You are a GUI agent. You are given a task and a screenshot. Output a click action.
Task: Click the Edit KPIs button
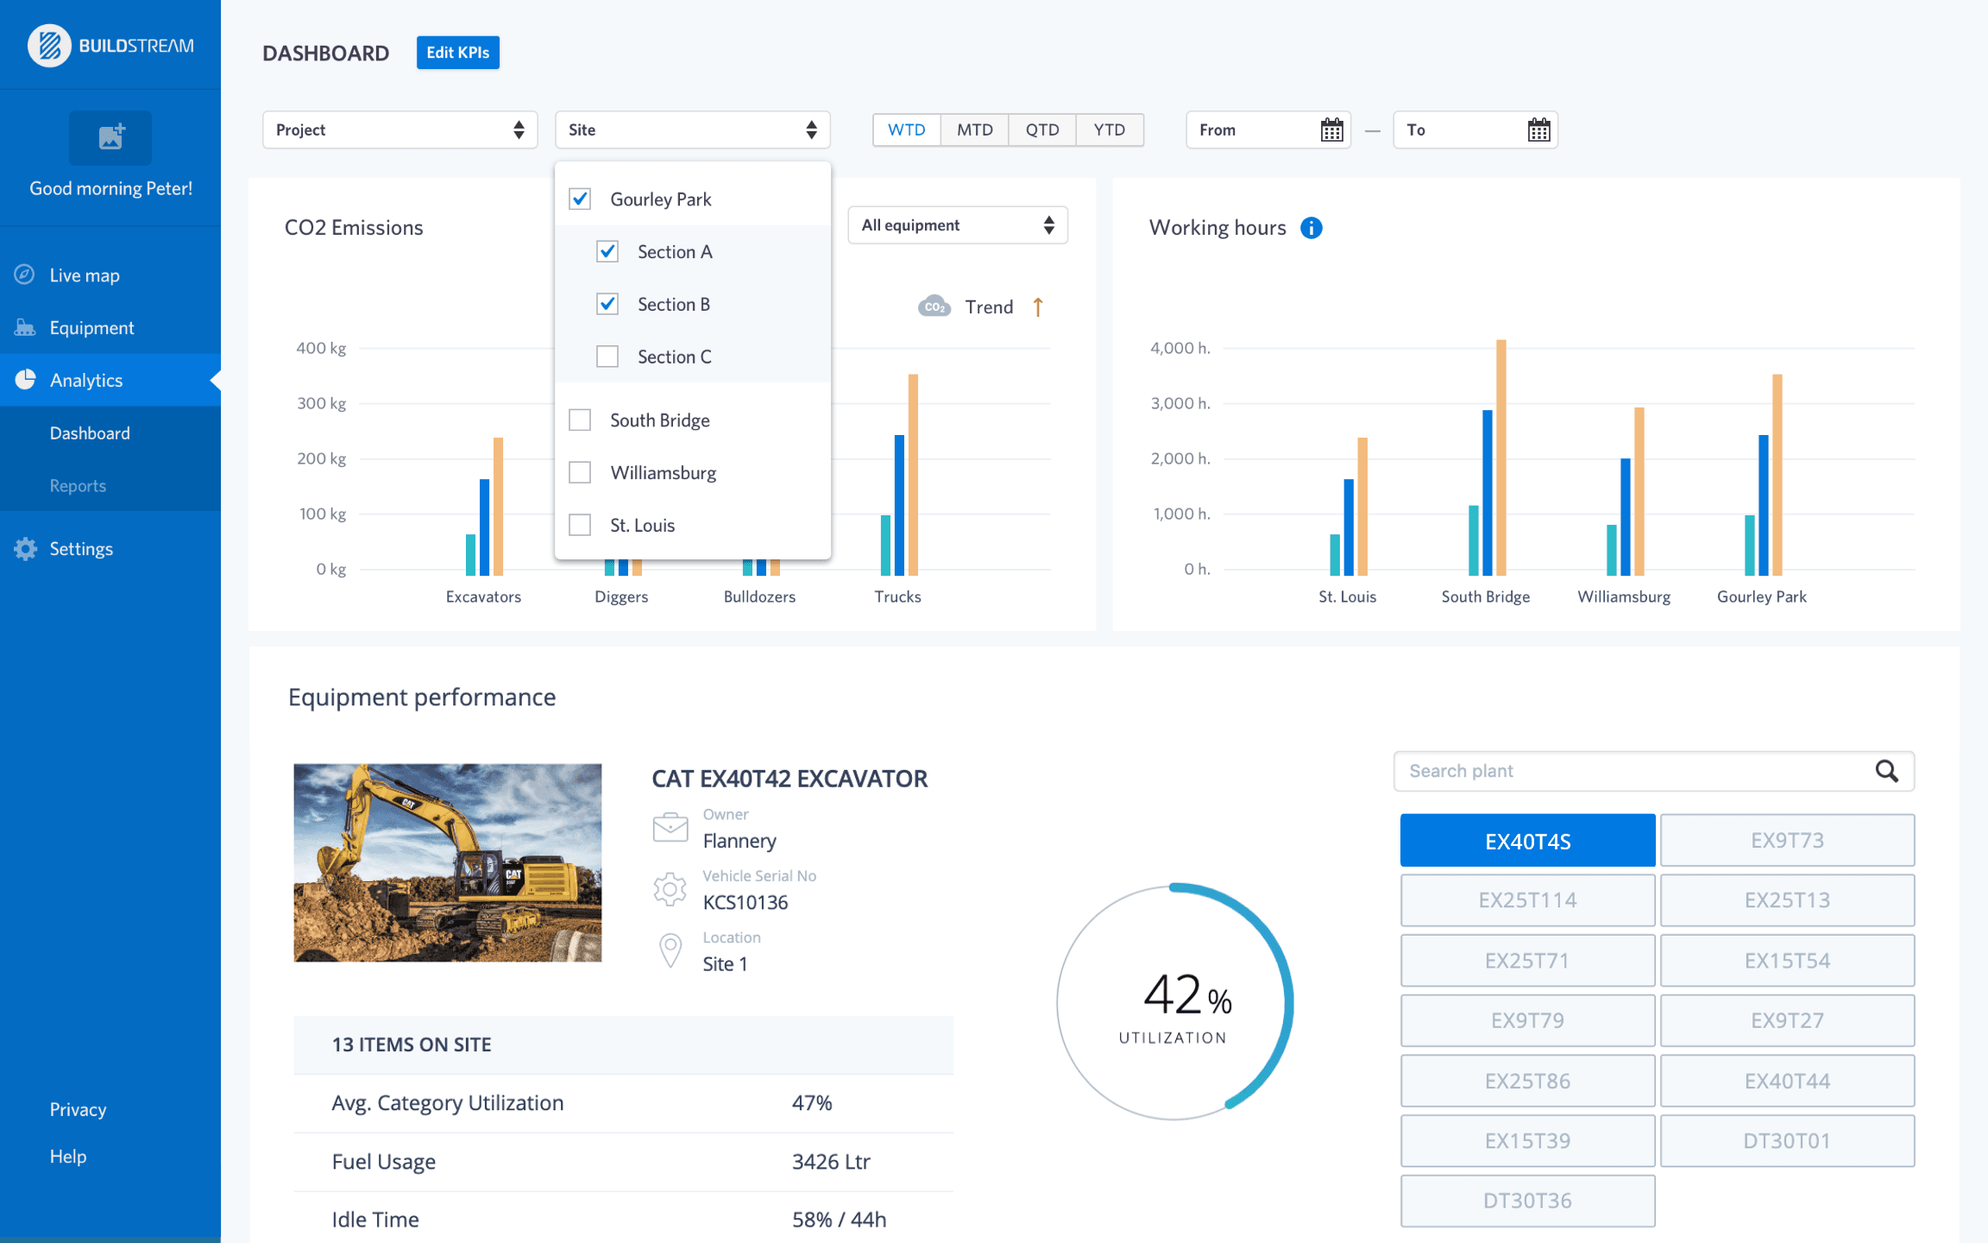457,53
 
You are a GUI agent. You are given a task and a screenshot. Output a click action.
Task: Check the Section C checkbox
607,356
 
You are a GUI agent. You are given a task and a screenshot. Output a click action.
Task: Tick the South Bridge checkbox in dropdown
580,420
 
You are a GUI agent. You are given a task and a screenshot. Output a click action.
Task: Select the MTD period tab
974,129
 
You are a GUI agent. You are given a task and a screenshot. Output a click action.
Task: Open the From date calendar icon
1331,130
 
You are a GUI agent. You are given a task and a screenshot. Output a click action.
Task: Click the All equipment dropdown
957,225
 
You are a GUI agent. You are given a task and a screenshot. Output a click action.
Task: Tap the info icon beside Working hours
1311,228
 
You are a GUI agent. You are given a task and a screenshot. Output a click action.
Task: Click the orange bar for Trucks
913,475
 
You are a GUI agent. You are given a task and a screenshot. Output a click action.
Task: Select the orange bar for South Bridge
1500,457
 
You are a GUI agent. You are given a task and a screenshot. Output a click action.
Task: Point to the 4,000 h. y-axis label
1180,348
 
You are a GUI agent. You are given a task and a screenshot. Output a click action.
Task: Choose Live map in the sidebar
85,275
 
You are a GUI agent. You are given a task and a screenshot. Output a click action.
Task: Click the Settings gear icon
25,549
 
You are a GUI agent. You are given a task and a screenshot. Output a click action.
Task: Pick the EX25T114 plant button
1527,900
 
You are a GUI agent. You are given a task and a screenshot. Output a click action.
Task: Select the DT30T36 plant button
1527,1201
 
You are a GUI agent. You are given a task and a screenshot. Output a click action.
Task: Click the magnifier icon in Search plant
1886,771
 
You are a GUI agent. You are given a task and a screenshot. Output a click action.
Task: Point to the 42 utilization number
1172,994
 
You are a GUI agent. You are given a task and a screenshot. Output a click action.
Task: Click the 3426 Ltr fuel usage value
831,1162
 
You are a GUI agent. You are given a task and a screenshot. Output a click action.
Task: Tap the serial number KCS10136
745,903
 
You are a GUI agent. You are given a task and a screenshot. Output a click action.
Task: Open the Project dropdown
399,130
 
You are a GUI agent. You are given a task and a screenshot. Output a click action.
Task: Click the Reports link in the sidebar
78,486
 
